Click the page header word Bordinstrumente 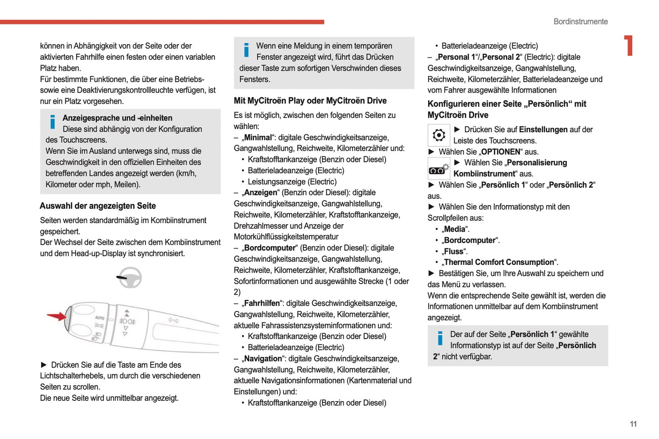pos(580,21)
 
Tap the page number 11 pos(633,424)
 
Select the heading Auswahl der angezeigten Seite pos(98,206)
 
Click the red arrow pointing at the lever pos(57,316)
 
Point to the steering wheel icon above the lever pos(130,278)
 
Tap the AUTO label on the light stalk pos(99,318)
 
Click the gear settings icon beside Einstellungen pos(439,135)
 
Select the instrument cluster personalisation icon pos(439,169)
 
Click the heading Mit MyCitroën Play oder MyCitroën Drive pos(310,101)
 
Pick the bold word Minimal pos(258,138)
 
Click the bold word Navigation pos(263,359)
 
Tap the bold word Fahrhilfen pos(262,304)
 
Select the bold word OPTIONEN pos(500,152)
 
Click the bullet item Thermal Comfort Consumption pos(499,263)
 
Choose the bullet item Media pos(455,229)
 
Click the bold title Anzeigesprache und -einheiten pos(117,118)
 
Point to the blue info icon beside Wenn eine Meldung pos(246,50)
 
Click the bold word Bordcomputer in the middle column pos(270,248)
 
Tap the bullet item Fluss pos(454,252)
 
